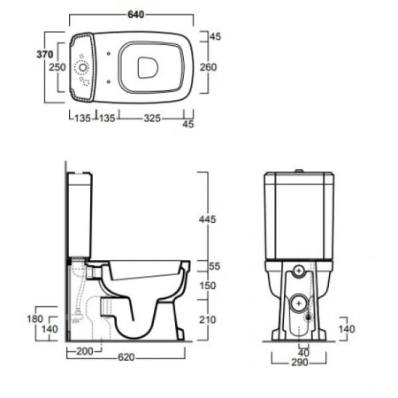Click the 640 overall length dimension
(x=136, y=14)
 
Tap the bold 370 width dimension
(x=45, y=54)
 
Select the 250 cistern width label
(x=57, y=67)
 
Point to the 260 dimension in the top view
(x=209, y=67)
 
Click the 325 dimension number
(x=152, y=119)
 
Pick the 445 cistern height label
(x=207, y=219)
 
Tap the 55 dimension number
(x=215, y=266)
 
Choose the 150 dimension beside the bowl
(x=208, y=286)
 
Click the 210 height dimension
(x=208, y=319)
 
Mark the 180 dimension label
(x=35, y=318)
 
